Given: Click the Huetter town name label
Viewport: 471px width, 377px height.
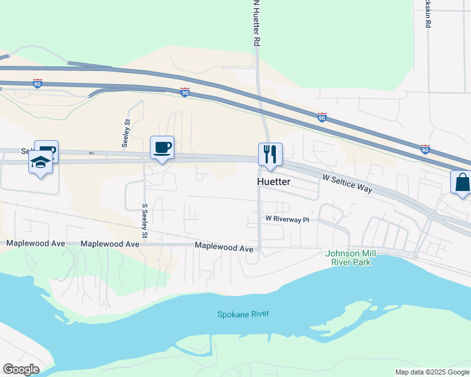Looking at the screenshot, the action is (274, 182).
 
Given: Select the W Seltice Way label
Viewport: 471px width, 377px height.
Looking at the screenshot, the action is (346, 184).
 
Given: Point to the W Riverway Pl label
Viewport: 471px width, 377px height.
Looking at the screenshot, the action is (287, 219).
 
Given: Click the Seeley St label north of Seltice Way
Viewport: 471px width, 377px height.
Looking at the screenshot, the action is (127, 133).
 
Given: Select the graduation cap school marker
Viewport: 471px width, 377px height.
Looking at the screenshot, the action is (40, 163).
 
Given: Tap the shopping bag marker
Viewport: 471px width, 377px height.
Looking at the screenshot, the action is (462, 183).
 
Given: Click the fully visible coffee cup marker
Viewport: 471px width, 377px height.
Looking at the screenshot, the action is (162, 148).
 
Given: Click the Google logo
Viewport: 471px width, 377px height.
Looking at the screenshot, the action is (21, 369).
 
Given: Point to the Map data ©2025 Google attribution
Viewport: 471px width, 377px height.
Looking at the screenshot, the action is (432, 372).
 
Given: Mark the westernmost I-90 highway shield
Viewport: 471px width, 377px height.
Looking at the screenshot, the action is (38, 83).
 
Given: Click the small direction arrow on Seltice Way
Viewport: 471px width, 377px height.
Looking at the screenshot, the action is (91, 153).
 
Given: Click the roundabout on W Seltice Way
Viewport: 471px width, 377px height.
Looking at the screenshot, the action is (432, 216).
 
